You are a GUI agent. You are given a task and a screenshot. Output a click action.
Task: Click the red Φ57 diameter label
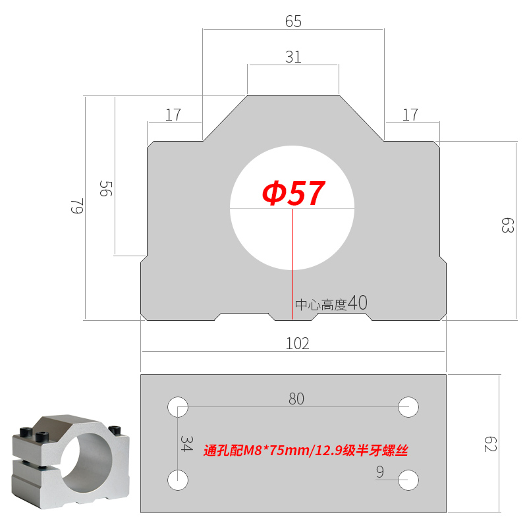(293, 193)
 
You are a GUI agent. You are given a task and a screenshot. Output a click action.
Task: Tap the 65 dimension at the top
(293, 22)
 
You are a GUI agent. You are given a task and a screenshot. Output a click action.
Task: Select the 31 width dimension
(293, 57)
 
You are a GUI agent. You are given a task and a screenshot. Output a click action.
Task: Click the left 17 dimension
(173, 115)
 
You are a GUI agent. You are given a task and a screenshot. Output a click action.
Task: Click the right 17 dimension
(410, 115)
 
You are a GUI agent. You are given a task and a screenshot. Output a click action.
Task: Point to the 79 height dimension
(77, 208)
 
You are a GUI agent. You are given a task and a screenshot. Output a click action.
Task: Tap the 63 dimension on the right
(507, 226)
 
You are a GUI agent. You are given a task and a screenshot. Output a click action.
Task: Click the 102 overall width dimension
(297, 343)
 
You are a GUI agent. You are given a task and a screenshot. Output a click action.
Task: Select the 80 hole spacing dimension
(296, 399)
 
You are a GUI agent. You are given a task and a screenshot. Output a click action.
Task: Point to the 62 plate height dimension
(489, 443)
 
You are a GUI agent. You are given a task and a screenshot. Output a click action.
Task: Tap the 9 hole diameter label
(380, 472)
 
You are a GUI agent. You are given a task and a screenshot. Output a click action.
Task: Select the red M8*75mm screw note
(306, 451)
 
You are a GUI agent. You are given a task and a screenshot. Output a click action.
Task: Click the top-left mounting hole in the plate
(177, 406)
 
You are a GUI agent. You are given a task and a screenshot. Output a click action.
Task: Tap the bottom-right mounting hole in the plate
(409, 480)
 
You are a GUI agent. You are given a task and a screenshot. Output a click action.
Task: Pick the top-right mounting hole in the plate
(409, 406)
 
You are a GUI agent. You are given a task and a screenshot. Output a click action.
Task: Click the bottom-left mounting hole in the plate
(177, 480)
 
